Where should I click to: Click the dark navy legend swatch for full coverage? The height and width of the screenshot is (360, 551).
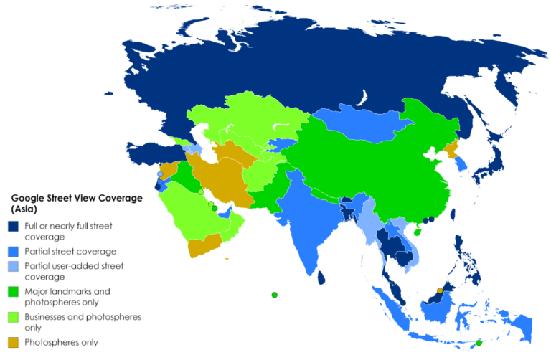13,226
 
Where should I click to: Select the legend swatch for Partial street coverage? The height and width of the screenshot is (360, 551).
13,251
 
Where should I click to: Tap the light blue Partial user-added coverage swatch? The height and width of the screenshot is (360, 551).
13,266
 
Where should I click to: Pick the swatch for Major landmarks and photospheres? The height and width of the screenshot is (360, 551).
13,291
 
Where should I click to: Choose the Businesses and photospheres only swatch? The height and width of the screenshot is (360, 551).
13,316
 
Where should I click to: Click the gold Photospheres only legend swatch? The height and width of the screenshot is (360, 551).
13,341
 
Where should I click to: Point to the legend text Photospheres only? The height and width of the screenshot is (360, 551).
61,342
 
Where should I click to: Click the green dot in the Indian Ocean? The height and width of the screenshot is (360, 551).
274,295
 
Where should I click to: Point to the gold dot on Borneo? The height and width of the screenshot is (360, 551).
440,290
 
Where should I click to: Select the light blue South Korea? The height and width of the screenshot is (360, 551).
461,164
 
